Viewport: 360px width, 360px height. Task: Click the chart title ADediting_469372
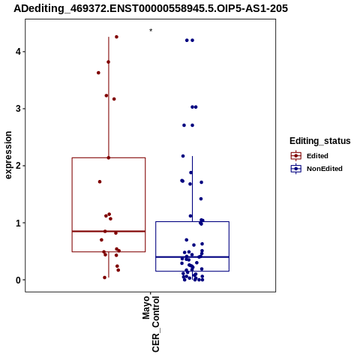tap(151, 8)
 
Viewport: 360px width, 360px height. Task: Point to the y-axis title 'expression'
tap(8, 155)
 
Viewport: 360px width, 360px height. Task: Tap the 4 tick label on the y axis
tap(18, 52)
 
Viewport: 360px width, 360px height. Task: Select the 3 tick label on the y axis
tap(18, 109)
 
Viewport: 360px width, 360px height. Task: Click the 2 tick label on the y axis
tap(18, 166)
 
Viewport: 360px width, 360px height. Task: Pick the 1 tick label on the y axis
tap(18, 223)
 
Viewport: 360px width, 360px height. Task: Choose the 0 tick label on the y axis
tap(18, 280)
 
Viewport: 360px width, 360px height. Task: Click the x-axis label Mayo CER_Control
tap(151, 324)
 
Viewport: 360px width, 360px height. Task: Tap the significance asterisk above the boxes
tap(151, 31)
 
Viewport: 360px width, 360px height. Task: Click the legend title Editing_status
tap(320, 141)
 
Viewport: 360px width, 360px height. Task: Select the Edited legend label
tap(317, 156)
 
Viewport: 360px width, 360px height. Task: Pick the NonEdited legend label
tap(325, 169)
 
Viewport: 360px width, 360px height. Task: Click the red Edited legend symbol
tap(296, 156)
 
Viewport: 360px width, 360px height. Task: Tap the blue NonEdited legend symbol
tap(296, 169)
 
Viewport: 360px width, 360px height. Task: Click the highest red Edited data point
tap(116, 37)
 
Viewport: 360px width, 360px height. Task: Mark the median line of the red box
tap(109, 231)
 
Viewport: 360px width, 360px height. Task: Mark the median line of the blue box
tap(193, 257)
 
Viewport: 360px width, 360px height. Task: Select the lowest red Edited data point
tap(105, 277)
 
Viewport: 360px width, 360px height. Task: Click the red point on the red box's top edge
tap(109, 157)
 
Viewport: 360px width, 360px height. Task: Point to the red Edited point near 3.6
tap(98, 73)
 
